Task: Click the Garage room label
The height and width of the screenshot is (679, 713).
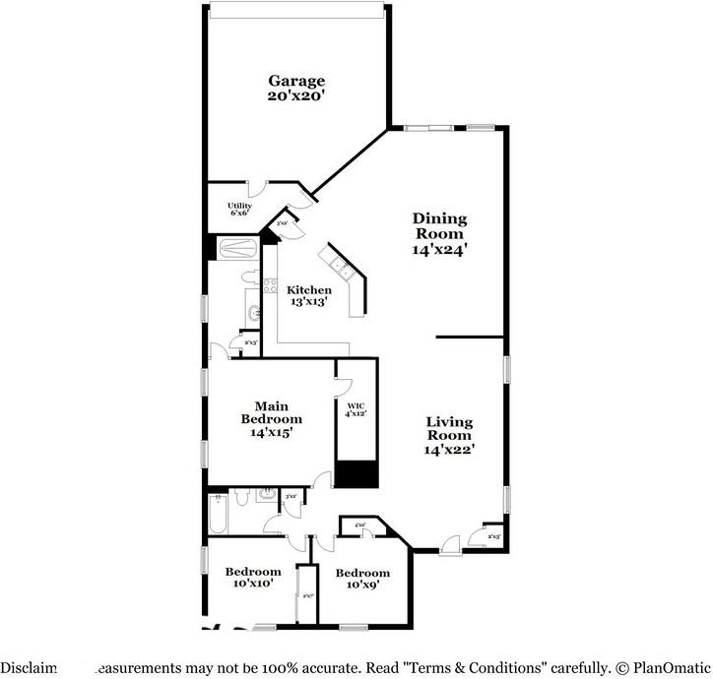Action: (x=296, y=81)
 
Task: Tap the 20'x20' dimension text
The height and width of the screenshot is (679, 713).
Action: (x=296, y=96)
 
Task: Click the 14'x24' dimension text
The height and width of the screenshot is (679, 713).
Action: (x=439, y=250)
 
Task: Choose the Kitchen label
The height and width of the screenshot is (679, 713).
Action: (x=309, y=290)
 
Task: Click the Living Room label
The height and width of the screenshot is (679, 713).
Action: (x=449, y=428)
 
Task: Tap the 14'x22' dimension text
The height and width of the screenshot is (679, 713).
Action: (x=449, y=449)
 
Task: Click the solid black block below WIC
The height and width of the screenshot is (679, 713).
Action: (x=356, y=473)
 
